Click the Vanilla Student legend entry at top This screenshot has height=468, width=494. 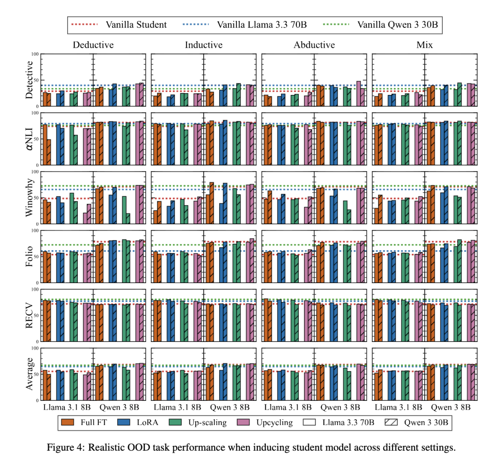[136, 25]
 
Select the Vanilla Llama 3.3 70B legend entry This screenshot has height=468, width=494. [262, 25]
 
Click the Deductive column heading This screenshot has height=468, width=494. [93, 45]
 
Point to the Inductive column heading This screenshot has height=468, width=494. [204, 45]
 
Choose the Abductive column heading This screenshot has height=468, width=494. [314, 45]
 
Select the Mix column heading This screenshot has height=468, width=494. [424, 45]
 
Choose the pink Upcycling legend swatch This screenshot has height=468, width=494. [242, 422]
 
